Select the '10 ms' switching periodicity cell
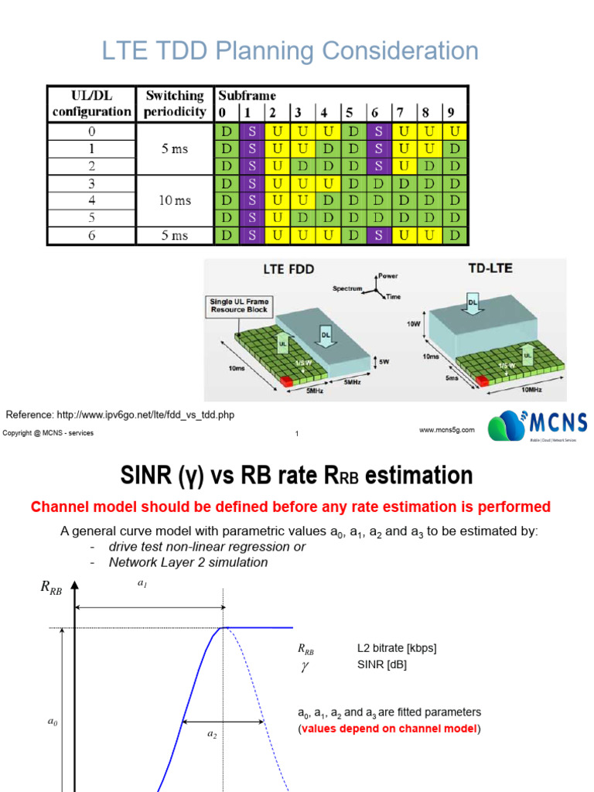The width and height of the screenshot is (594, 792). pos(174,200)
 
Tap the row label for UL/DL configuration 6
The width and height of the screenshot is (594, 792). pos(91,234)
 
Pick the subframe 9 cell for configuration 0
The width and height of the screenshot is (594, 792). pos(456,131)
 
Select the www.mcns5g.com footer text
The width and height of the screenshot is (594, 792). pos(447,430)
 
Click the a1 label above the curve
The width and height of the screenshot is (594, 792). pos(142,585)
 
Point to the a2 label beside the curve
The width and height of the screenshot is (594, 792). pos(212,735)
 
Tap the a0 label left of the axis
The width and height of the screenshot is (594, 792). pos(53,722)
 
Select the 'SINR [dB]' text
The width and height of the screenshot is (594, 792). pos(382,664)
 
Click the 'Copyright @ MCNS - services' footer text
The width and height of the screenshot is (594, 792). pos(48,433)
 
